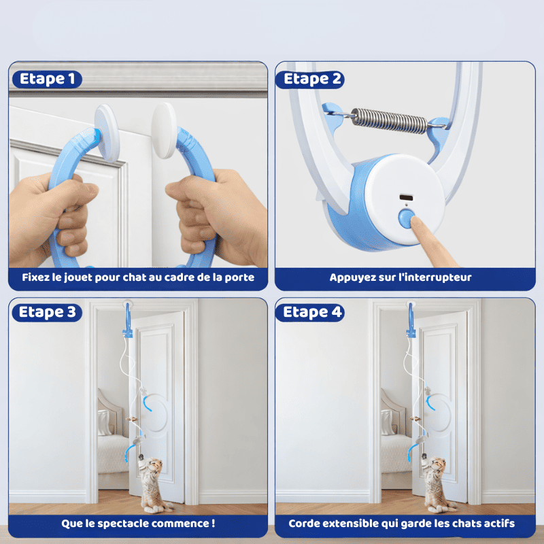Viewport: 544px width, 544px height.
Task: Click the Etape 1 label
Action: (x=47, y=79)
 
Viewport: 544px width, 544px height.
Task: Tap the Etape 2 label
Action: (x=312, y=79)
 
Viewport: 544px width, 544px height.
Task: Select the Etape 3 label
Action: (x=47, y=312)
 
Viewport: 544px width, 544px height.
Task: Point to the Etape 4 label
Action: (x=312, y=312)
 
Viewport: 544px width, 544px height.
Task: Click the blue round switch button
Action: (x=406, y=218)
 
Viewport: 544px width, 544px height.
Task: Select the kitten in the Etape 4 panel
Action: (x=436, y=484)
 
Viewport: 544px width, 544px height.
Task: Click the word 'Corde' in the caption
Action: (x=305, y=524)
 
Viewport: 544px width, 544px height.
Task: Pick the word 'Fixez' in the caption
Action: (x=36, y=277)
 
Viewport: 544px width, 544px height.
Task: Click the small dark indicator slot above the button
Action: (x=406, y=197)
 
